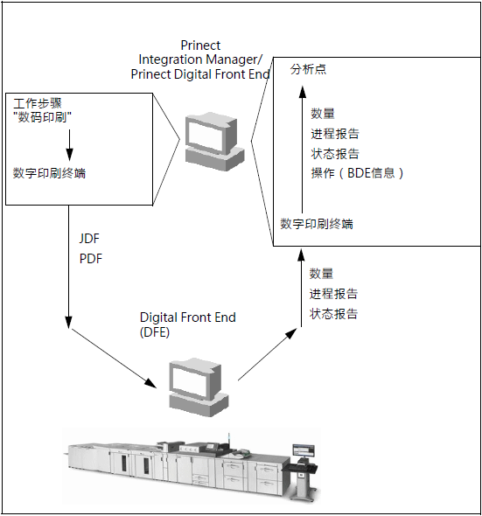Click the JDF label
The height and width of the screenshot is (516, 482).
[x=89, y=239]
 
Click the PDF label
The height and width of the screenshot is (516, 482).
[x=91, y=259]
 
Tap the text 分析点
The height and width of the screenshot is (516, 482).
[x=308, y=69]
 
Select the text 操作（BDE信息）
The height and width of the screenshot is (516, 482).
[x=357, y=173]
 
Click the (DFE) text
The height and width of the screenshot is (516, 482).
[x=155, y=331]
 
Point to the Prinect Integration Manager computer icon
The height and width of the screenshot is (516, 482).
[x=214, y=142]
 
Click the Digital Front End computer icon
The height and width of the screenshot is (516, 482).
[x=199, y=387]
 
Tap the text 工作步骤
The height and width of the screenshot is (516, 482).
[x=38, y=103]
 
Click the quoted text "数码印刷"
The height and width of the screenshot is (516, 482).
[x=44, y=117]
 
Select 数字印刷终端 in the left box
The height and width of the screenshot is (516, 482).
[x=49, y=173]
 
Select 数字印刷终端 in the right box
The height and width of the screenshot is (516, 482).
[x=317, y=224]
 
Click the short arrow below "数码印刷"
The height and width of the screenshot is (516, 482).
[x=69, y=145]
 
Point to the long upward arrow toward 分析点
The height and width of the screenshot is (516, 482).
[x=303, y=149]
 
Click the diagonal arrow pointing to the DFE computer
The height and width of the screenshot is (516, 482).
[x=114, y=358]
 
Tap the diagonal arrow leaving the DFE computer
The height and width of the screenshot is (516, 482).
[x=268, y=353]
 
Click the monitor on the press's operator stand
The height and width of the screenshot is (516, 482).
[x=304, y=450]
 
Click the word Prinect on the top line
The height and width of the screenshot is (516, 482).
[x=200, y=45]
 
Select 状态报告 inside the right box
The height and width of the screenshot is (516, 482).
[x=335, y=154]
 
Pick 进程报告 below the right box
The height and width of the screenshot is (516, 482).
[x=333, y=294]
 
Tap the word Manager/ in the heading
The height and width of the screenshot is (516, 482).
[x=234, y=59]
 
